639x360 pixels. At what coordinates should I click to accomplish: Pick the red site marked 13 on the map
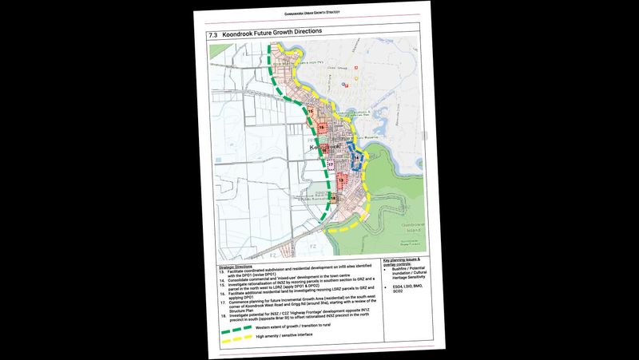click(x=342, y=182)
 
